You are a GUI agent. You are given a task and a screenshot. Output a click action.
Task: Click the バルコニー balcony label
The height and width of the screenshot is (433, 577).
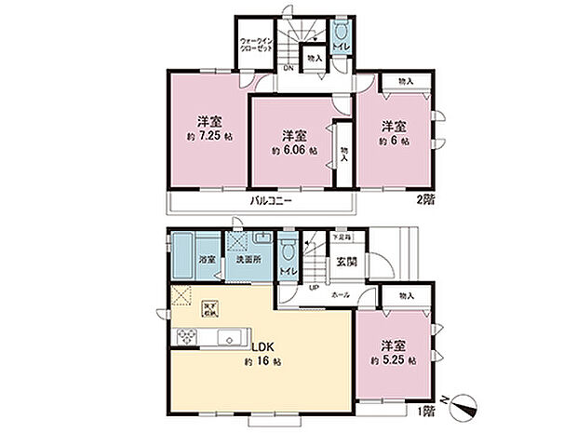point(271,201)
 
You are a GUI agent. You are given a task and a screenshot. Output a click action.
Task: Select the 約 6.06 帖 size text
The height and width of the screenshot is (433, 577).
point(294,150)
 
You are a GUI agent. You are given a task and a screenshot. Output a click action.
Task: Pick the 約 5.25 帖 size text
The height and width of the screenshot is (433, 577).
point(394,360)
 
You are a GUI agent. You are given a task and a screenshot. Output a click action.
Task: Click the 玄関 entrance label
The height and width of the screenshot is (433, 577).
point(346,262)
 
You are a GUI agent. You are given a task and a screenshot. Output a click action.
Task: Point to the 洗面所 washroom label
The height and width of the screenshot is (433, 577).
point(248,260)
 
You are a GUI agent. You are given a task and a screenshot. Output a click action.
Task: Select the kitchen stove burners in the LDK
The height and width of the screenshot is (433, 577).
point(182,337)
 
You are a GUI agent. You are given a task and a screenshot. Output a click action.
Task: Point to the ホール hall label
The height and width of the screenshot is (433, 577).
point(341,294)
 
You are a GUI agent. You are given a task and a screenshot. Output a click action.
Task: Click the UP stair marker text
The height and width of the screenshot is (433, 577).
point(315,288)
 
